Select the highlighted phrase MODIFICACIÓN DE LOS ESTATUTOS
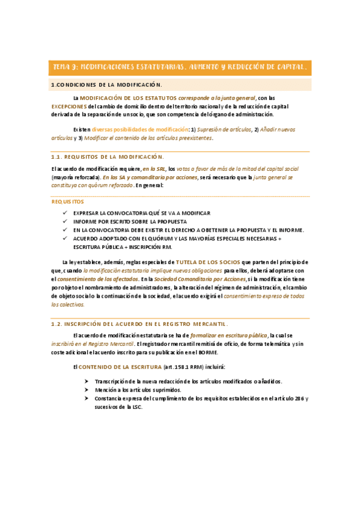[129, 97]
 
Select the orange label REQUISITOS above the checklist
[67, 201]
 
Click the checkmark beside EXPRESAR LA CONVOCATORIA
[65, 213]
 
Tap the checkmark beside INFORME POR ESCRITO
[65, 221]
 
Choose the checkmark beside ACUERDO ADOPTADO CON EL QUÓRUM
[65, 238]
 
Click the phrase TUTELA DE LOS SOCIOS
[207, 262]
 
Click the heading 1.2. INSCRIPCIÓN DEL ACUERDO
[139, 323]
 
